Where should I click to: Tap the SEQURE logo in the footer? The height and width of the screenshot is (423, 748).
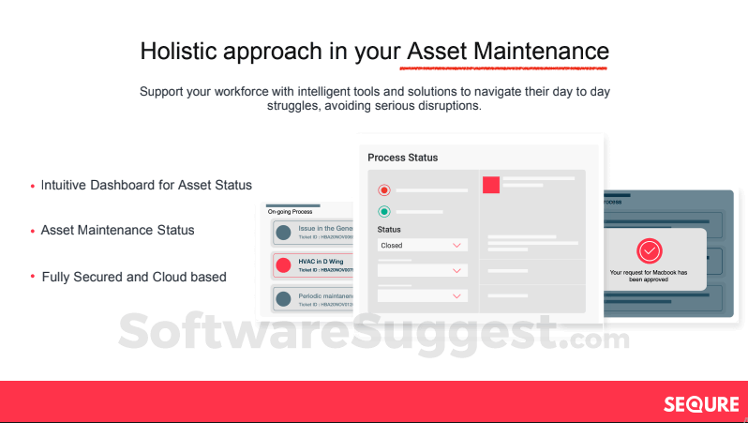pos(701,404)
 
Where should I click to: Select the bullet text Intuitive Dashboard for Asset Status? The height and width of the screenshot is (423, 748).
pos(146,185)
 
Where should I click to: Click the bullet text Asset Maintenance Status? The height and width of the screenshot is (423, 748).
pos(118,230)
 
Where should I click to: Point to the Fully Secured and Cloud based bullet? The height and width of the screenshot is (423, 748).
pos(134,277)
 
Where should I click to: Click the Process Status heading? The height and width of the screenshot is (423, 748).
pos(402,158)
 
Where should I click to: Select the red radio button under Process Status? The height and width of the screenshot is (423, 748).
pos(383,190)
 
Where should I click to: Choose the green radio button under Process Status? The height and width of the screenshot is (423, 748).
pos(383,212)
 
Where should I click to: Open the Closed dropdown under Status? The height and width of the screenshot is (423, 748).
pos(422,245)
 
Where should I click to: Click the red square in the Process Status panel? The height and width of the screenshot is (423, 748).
pos(491,185)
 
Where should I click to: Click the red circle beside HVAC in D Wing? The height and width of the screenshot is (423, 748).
pos(283,265)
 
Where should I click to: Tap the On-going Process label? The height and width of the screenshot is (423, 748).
pos(291,212)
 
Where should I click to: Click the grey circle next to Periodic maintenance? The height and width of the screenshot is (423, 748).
pos(283,300)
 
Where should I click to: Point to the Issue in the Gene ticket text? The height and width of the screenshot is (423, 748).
pos(324,228)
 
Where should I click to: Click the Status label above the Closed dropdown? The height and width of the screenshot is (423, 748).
pos(389,229)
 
